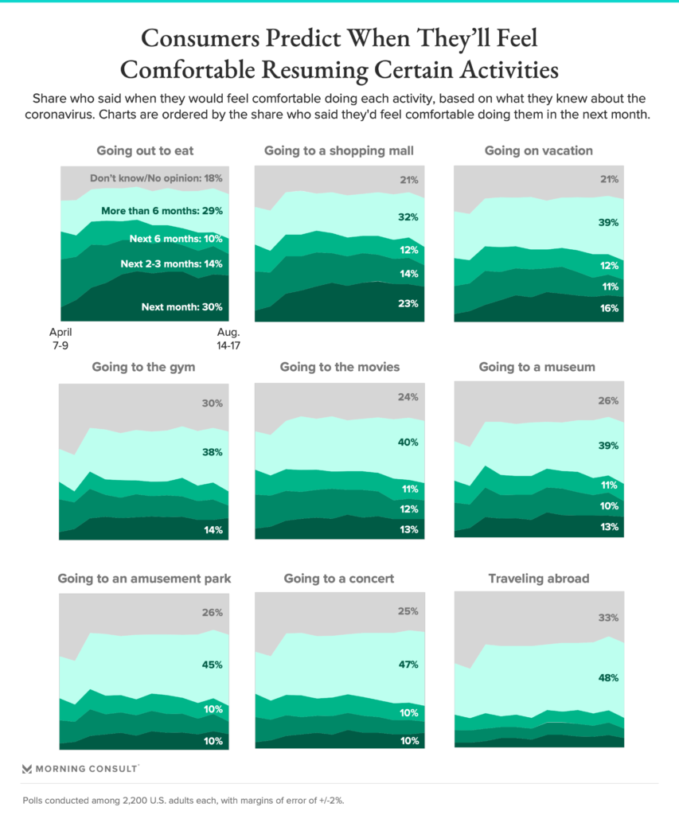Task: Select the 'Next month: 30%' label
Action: (182, 307)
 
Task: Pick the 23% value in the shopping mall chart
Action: (409, 303)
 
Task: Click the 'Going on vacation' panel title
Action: (538, 150)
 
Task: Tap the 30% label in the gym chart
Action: (213, 404)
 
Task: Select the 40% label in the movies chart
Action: (409, 443)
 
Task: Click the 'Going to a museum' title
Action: (538, 367)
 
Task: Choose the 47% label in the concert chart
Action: (409, 665)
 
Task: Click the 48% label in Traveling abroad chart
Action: (608, 678)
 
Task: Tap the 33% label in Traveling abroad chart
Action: (608, 617)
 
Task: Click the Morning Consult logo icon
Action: (27, 769)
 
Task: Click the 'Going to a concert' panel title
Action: (339, 579)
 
